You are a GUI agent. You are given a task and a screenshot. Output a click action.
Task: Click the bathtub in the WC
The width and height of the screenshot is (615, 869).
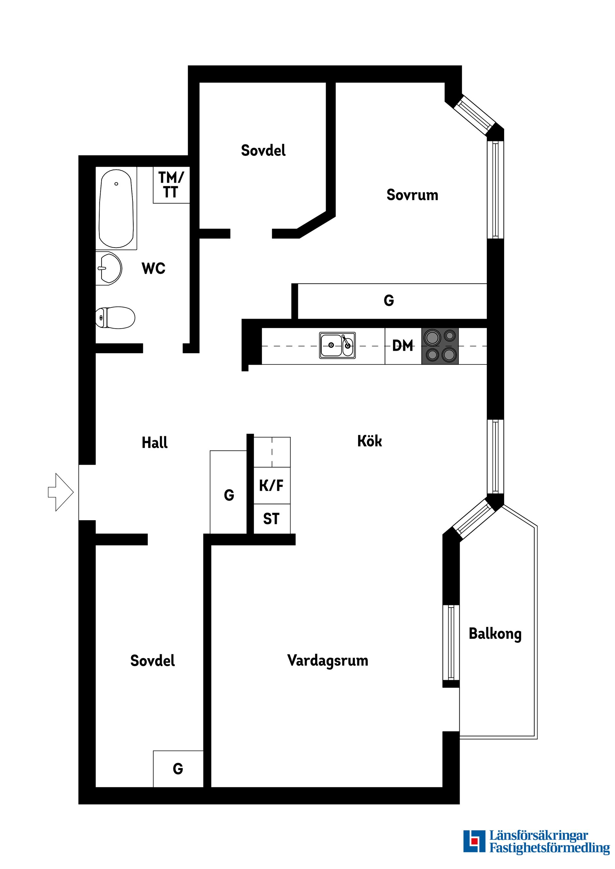pos(116,209)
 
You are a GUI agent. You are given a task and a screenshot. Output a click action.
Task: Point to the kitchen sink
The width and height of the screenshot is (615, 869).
pos(337,345)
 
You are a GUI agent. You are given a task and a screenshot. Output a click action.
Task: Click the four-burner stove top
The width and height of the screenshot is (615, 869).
pos(440,346)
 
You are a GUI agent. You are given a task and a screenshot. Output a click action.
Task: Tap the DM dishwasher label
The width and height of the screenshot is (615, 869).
pos(402,346)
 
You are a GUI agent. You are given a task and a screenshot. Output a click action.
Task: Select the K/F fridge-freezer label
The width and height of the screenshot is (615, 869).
pos(271,486)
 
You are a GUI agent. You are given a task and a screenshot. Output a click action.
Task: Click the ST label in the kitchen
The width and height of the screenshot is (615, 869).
pos(271,519)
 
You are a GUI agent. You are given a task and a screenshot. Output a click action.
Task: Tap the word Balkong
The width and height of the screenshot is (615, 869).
pos(495,634)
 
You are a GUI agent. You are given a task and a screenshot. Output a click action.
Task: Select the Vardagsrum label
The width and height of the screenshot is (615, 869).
pos(328,660)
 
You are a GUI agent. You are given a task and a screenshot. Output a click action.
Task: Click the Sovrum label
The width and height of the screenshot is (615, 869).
pos(412,195)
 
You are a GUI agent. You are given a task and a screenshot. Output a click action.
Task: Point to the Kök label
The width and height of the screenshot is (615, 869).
pos(369,441)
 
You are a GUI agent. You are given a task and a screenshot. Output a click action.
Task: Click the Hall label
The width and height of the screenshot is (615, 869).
pos(155,442)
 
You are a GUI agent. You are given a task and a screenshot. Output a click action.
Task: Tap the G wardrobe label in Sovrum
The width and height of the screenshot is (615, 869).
pos(389,300)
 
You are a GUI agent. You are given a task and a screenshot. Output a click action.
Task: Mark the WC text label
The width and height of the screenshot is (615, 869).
pos(153,268)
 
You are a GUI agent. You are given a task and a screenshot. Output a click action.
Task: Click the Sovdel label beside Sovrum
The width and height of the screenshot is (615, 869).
pos(263,151)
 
